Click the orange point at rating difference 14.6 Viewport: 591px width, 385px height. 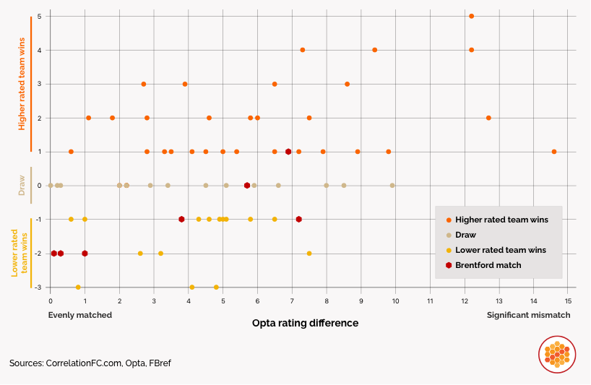click(x=554, y=152)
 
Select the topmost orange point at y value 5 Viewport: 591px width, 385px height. click(x=471, y=16)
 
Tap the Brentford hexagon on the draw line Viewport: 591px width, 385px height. click(x=247, y=186)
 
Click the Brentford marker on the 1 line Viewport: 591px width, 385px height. click(x=288, y=152)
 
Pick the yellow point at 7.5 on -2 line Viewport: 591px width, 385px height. click(x=309, y=254)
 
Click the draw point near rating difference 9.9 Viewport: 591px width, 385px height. click(x=392, y=186)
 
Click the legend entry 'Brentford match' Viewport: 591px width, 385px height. click(x=488, y=265)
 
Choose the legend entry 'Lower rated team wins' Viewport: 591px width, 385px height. click(x=500, y=250)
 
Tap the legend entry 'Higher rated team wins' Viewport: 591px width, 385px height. click(x=501, y=220)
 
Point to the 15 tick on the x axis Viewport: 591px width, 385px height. click(x=569, y=300)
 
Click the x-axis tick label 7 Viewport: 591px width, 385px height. click(x=292, y=300)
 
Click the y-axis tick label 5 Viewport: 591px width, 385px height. click(x=39, y=16)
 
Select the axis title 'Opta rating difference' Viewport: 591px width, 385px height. click(x=305, y=323)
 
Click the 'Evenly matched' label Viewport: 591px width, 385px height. click(x=80, y=315)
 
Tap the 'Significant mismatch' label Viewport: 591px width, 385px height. click(x=528, y=315)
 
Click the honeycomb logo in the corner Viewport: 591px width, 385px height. click(x=556, y=355)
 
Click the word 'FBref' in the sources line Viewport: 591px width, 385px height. click(x=159, y=363)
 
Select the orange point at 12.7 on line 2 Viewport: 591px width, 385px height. click(x=488, y=118)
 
